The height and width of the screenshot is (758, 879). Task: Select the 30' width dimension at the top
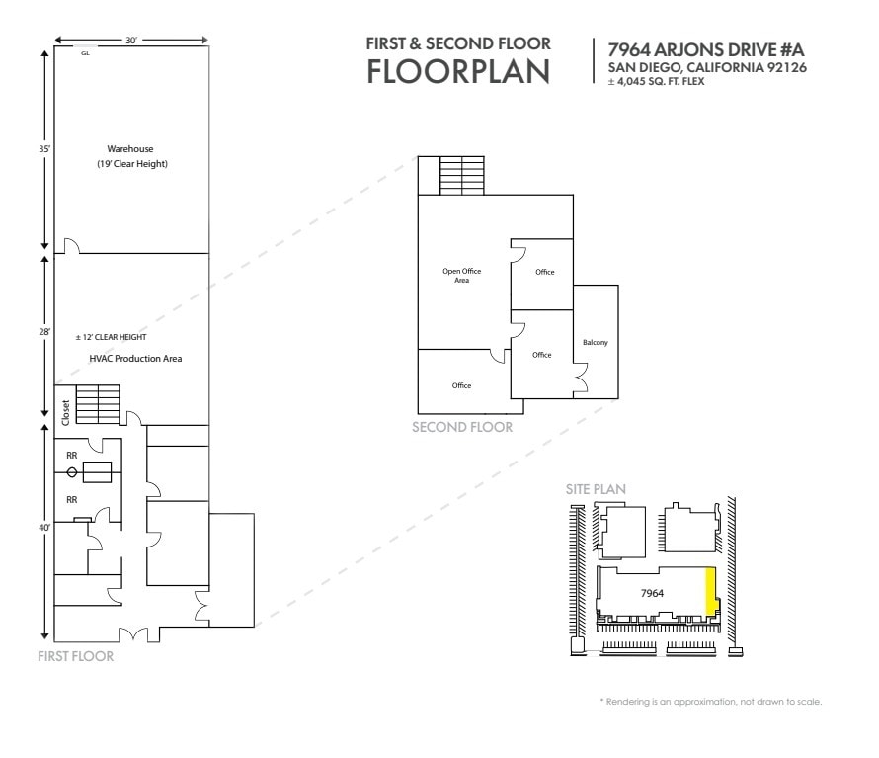coord(130,41)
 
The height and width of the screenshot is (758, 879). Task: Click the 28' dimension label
coord(43,333)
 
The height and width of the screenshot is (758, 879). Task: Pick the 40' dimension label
coord(43,527)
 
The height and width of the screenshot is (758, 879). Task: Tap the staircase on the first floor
coord(98,405)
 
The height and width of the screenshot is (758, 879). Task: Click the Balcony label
coord(595,343)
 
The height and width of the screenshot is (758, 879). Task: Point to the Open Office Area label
coord(461,275)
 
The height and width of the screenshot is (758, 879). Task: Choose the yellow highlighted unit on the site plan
coord(708,591)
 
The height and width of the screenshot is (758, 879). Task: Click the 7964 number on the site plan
coord(650,593)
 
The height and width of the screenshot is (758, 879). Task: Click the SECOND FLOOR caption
coord(462,427)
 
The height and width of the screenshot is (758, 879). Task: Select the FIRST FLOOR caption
coord(74,655)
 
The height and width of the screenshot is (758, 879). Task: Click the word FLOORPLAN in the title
coord(458,72)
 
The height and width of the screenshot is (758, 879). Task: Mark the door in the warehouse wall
coord(71,246)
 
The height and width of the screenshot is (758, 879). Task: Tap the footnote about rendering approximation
coord(710,702)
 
